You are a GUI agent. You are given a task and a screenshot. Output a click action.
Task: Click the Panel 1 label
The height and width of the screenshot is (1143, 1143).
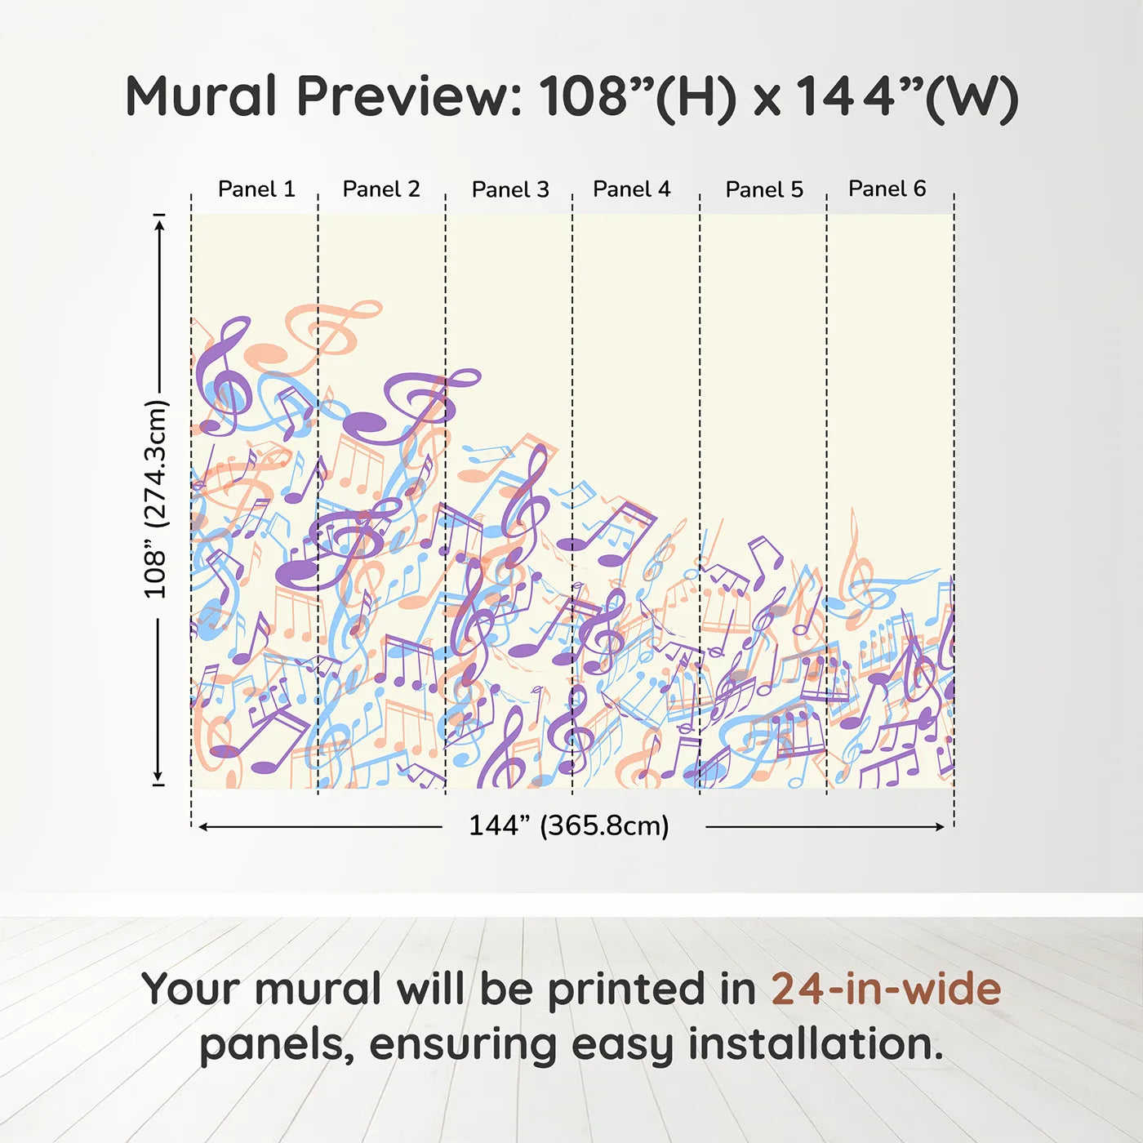tap(256, 189)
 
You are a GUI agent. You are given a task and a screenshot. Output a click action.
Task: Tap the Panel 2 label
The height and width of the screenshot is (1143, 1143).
tap(381, 189)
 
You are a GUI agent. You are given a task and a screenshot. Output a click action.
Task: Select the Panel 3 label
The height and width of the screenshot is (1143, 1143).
tap(510, 189)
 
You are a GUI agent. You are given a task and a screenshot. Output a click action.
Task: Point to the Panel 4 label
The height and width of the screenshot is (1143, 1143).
tap(632, 189)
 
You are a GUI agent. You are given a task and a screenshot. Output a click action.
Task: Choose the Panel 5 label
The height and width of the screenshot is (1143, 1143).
tap(764, 189)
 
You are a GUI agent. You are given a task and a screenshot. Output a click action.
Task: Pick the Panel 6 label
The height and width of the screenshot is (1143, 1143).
tap(887, 188)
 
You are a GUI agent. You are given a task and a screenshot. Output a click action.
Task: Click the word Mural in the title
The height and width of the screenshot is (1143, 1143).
tap(201, 96)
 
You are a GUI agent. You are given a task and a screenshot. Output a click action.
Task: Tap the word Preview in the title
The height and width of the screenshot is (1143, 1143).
tap(410, 96)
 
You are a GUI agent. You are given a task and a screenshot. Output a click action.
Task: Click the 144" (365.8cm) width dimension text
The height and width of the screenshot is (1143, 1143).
tap(569, 825)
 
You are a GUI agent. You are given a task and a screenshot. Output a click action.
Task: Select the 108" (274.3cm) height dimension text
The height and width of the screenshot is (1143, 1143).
tap(156, 499)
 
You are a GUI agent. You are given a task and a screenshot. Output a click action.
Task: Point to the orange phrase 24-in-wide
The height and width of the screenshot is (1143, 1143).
tap(886, 989)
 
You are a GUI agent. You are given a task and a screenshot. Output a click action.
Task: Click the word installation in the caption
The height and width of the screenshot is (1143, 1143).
tap(816, 1046)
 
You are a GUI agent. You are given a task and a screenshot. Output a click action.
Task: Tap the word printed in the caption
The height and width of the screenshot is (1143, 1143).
tap(652, 990)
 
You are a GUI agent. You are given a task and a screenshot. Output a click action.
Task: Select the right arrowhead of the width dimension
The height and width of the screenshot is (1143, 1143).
tap(938, 826)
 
